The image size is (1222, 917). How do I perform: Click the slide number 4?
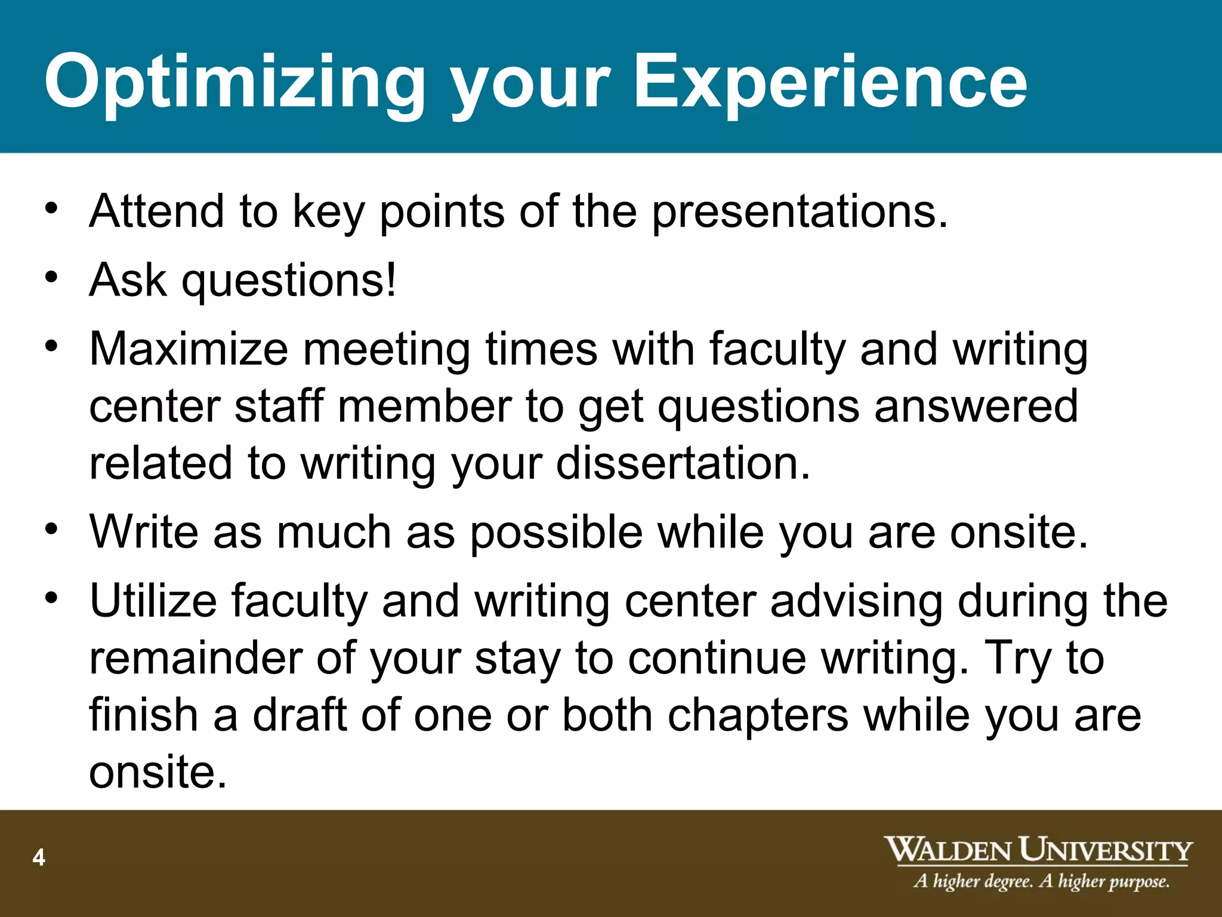tap(39, 857)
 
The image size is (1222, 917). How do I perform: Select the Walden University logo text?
tap(1038, 850)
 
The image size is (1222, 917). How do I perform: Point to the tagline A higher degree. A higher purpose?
tap(1041, 881)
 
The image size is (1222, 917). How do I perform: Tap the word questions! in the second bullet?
tap(289, 280)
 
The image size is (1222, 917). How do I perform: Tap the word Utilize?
tap(153, 601)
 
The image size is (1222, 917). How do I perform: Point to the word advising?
tap(856, 601)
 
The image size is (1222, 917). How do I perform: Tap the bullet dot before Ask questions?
tap(52, 277)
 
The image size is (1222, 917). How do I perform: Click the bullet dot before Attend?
tap(52, 208)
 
